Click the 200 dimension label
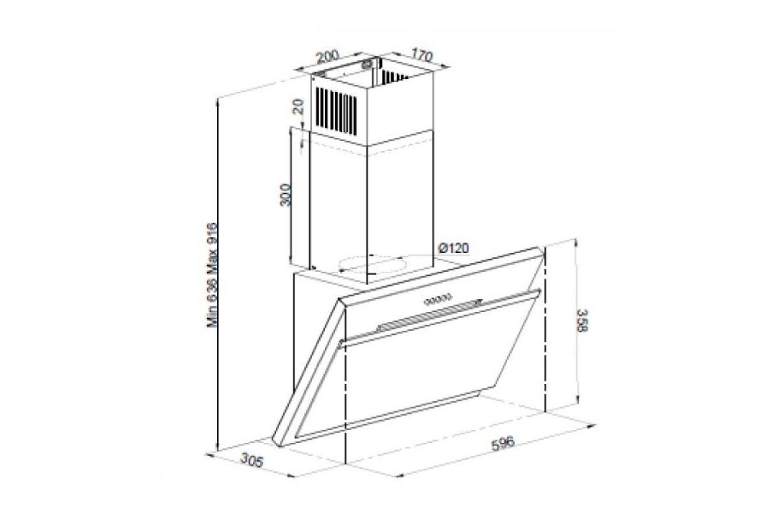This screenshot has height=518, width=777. click(x=328, y=56)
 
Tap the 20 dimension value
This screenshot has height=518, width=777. click(x=298, y=107)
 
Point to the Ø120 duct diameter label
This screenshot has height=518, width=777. click(x=453, y=248)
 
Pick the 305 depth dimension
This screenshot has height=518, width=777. click(x=252, y=460)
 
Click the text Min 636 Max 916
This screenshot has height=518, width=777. click(x=212, y=275)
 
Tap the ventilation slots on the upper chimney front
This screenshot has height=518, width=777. click(x=336, y=110)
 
